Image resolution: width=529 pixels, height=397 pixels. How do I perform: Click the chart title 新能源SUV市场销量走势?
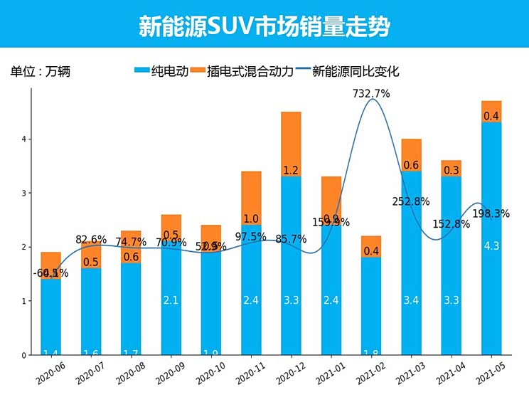click(264, 26)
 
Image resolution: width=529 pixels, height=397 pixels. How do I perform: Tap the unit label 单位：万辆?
click(41, 71)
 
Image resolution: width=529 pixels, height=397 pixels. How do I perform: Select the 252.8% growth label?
click(410, 201)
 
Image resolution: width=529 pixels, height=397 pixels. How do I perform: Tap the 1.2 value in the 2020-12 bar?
click(291, 171)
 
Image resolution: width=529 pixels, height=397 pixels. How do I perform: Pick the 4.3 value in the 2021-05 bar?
click(491, 246)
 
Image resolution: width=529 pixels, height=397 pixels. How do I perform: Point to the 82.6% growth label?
click(91, 240)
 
